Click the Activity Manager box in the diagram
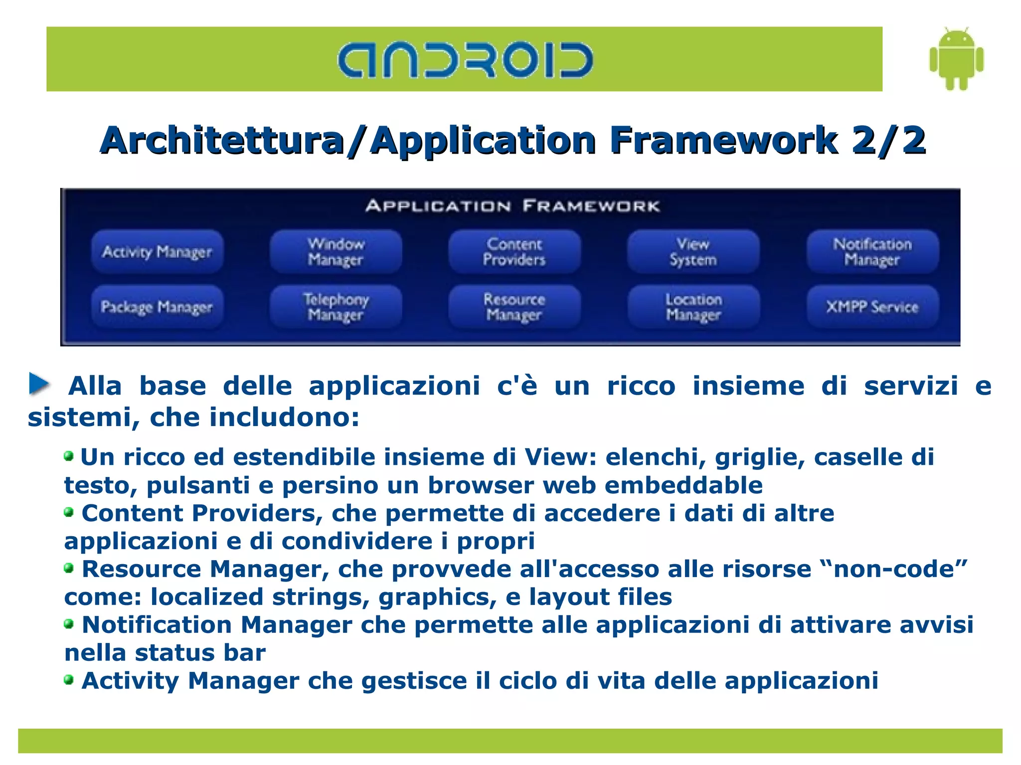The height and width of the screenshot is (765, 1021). pos(157,252)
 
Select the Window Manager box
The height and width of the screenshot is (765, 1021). pos(336,252)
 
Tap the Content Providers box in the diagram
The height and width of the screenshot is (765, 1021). pos(514,252)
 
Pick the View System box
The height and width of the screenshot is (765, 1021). pos(693,252)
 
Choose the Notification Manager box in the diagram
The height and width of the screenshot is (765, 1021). pos(872,252)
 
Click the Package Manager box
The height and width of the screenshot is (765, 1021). pos(157,306)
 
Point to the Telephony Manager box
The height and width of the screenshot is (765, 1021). pos(336,306)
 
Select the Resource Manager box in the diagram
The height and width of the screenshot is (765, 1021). pos(514,306)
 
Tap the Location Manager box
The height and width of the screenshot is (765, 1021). pos(693,306)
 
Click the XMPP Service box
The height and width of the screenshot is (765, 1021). pos(872,306)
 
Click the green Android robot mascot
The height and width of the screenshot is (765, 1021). pos(956,59)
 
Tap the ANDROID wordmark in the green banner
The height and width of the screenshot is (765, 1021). pos(465,60)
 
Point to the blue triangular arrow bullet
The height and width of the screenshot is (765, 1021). pos(39,384)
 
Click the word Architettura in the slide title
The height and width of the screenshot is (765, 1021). pos(222,141)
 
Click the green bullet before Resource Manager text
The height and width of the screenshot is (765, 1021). pos(69,568)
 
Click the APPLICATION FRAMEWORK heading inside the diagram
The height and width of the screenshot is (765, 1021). pos(512,206)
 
